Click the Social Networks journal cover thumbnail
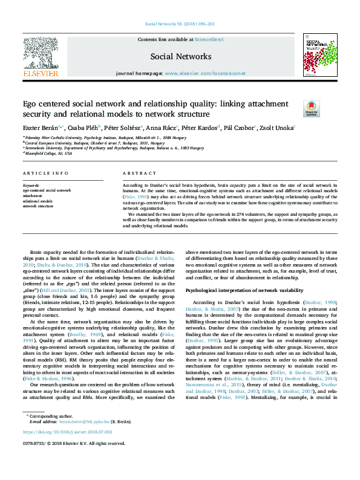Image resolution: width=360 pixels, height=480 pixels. [x=319, y=55]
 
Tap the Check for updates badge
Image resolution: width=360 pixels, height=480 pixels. [x=311, y=109]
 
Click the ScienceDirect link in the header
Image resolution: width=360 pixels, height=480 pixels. [x=209, y=39]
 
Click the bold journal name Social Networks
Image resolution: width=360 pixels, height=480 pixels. [x=180, y=56]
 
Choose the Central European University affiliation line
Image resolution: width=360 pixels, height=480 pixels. [x=91, y=143]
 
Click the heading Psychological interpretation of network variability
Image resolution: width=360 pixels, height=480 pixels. [x=240, y=291]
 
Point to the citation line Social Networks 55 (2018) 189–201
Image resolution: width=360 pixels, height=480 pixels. [x=180, y=25]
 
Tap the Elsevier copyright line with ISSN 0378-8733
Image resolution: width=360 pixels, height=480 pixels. [x=70, y=443]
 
